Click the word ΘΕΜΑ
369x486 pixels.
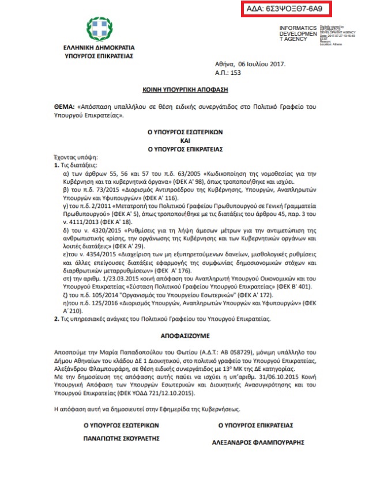pyautogui.click(x=62, y=107)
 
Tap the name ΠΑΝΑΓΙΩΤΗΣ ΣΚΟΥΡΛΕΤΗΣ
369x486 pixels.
pyautogui.click(x=117, y=438)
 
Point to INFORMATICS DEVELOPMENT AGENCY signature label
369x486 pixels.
pyautogui.click(x=298, y=33)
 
